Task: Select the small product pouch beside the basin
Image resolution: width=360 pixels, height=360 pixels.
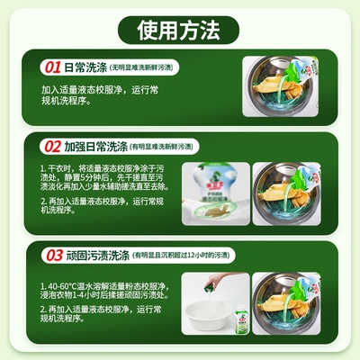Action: tap(236, 330)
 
